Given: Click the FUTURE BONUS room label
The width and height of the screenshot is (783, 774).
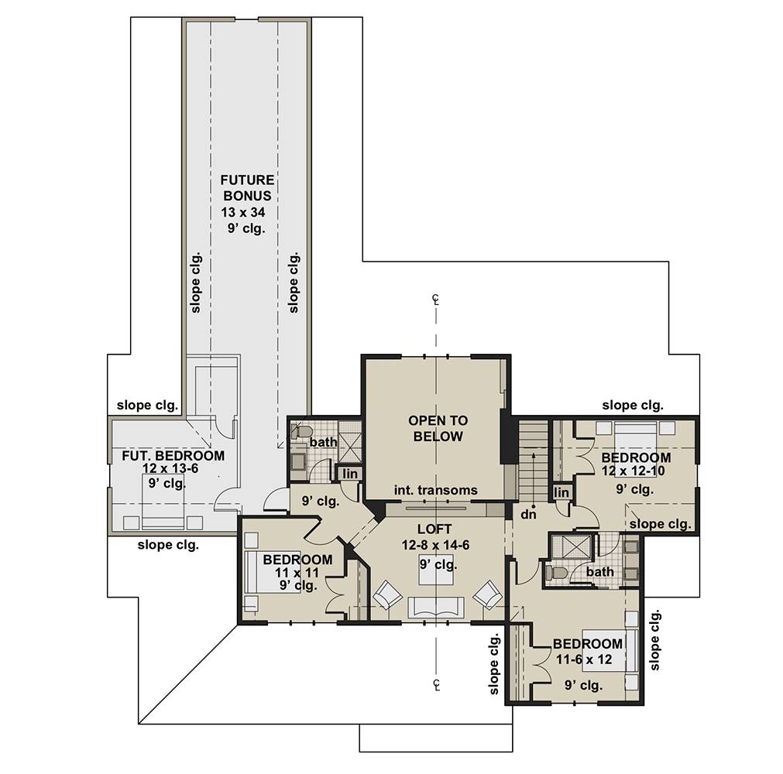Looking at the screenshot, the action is [247, 187].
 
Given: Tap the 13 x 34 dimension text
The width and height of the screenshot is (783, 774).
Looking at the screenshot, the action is [243, 212].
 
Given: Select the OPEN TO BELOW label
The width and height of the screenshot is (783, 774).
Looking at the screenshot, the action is [438, 428].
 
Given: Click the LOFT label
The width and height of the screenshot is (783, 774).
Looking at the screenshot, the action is [434, 529].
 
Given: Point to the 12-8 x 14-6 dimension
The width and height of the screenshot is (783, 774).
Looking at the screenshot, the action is [435, 545].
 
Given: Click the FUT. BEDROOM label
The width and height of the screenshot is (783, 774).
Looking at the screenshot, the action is [173, 455].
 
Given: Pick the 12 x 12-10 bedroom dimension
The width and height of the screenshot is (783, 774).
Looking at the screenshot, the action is [634, 471].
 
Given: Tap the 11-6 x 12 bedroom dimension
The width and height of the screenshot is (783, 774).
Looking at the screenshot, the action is [584, 659].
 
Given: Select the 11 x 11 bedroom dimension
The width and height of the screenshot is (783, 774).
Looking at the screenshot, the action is [297, 573].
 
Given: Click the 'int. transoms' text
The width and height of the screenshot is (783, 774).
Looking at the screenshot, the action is [435, 490].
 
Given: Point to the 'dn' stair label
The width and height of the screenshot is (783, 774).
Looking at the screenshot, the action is [528, 513].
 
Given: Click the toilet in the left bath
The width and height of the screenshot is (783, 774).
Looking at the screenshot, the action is [301, 431].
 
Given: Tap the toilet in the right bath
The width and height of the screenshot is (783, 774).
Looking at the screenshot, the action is [555, 572].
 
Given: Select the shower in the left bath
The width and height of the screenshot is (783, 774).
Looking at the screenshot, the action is [351, 442].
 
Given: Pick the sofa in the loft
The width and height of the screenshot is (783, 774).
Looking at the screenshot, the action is [436, 608].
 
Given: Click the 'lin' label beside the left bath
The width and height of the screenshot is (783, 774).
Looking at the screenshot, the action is [350, 473].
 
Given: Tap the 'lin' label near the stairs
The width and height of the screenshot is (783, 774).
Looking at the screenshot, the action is [561, 492].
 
